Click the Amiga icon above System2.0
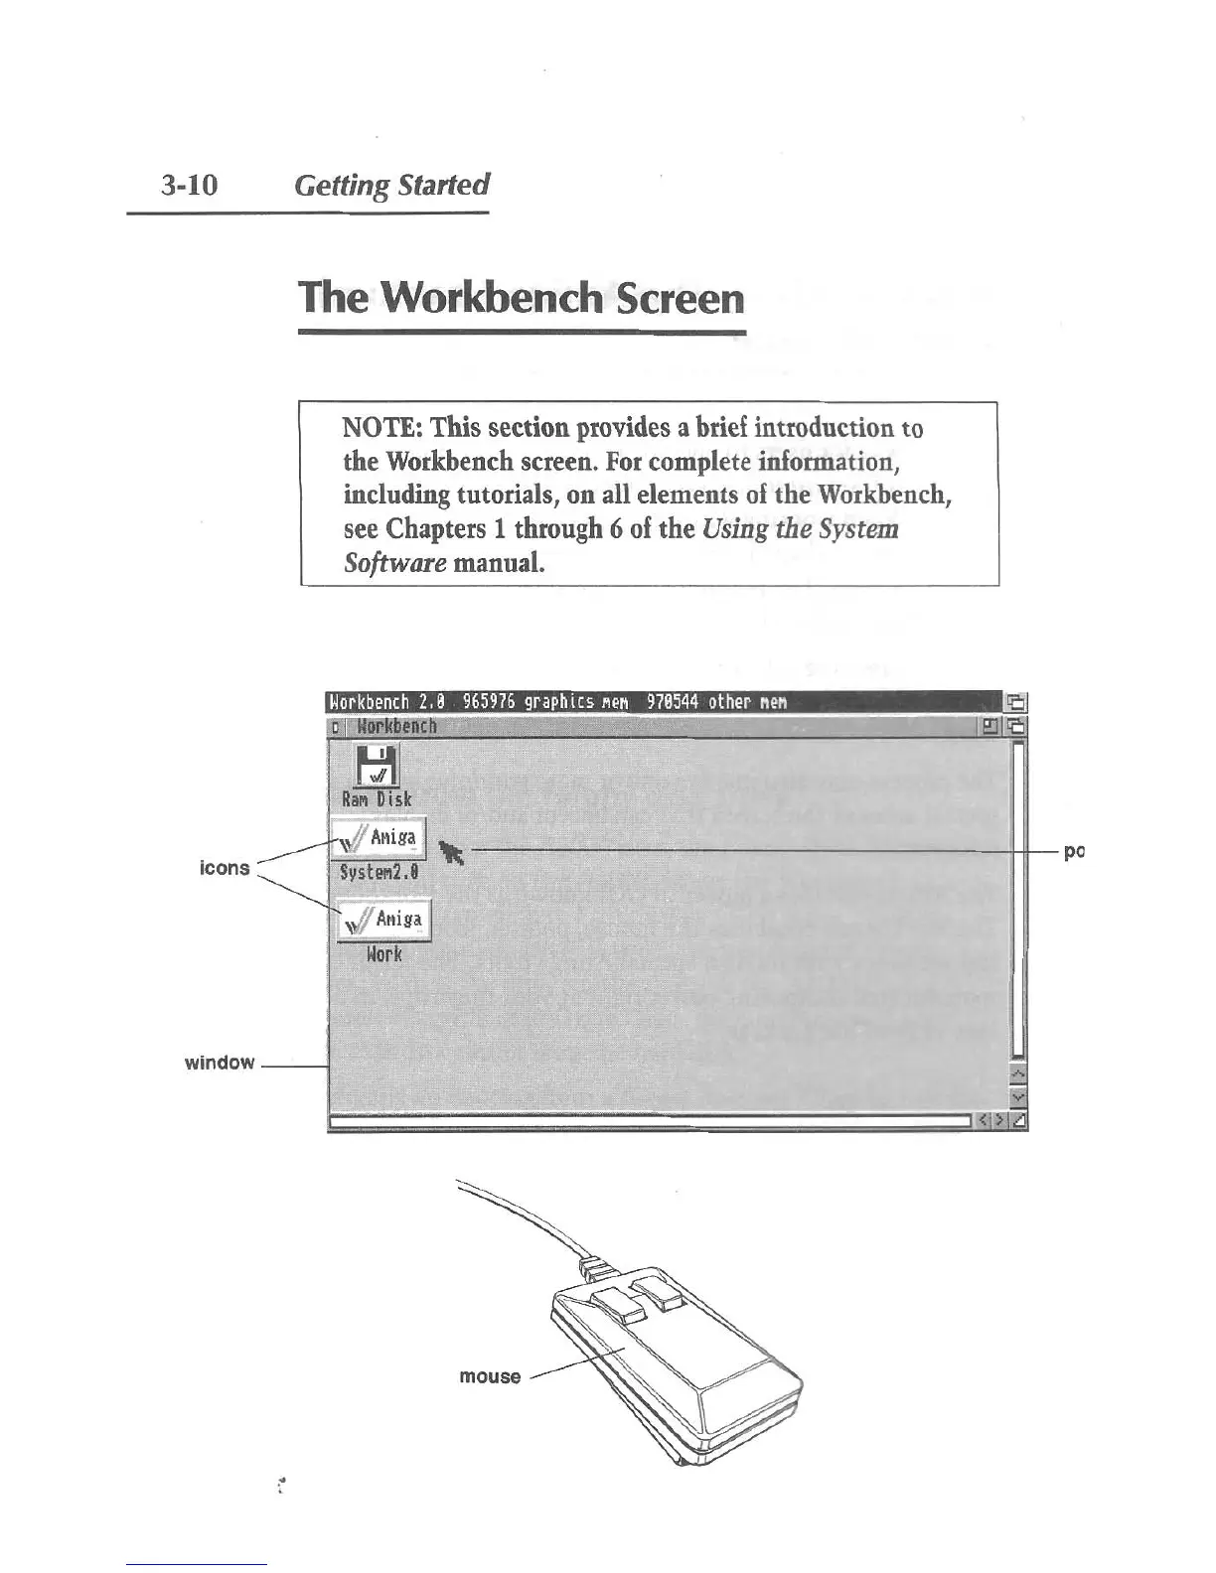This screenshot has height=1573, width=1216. click(x=378, y=839)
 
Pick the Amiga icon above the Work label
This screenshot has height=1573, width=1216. click(x=383, y=920)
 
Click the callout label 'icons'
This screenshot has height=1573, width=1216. click(x=225, y=868)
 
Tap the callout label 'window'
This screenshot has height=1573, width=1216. click(x=220, y=1063)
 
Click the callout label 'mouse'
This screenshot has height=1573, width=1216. click(x=490, y=1376)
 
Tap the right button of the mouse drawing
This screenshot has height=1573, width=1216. click(x=657, y=1290)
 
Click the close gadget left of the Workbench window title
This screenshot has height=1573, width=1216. click(x=336, y=727)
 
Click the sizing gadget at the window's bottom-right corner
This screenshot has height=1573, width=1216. click(x=1019, y=1122)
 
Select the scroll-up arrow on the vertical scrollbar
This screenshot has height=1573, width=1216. click(x=1017, y=1076)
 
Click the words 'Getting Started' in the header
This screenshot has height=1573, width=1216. click(x=392, y=186)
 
